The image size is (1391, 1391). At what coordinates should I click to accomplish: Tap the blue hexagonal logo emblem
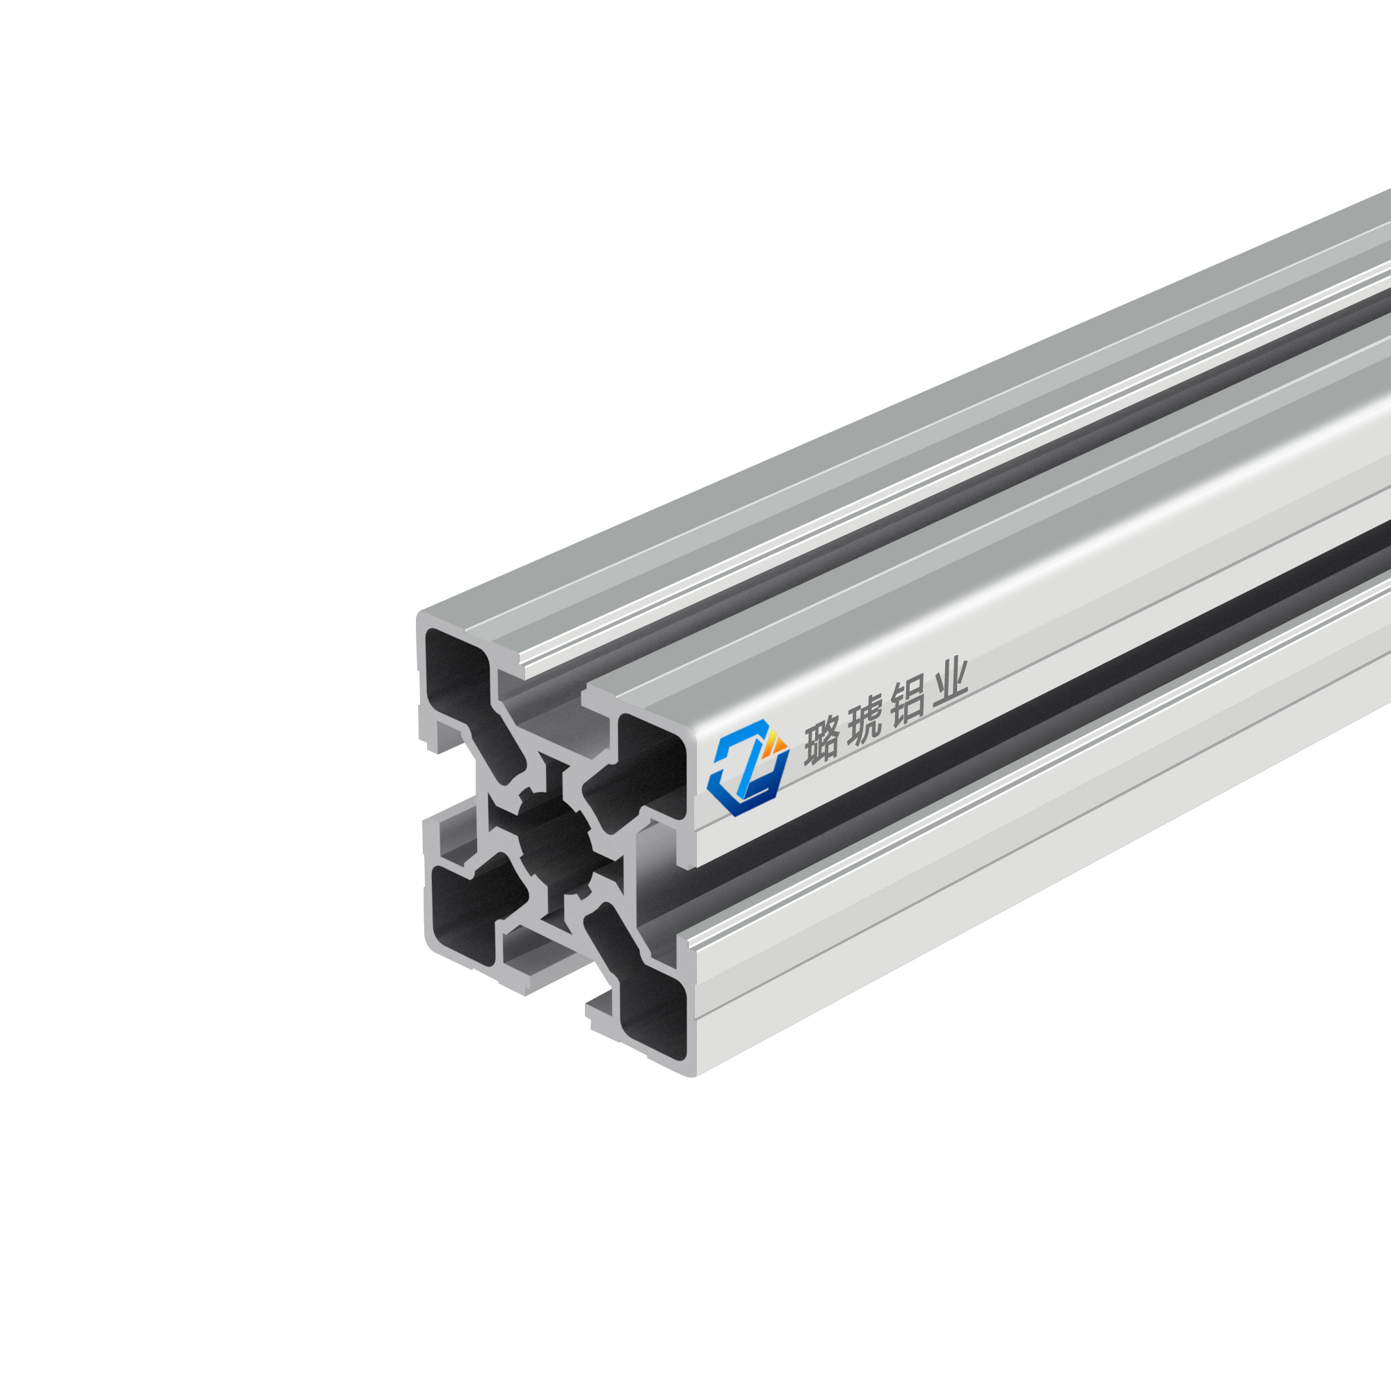coord(748,766)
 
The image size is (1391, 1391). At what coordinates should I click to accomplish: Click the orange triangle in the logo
coord(775,741)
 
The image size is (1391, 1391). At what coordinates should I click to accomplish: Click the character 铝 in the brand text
coord(906,702)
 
